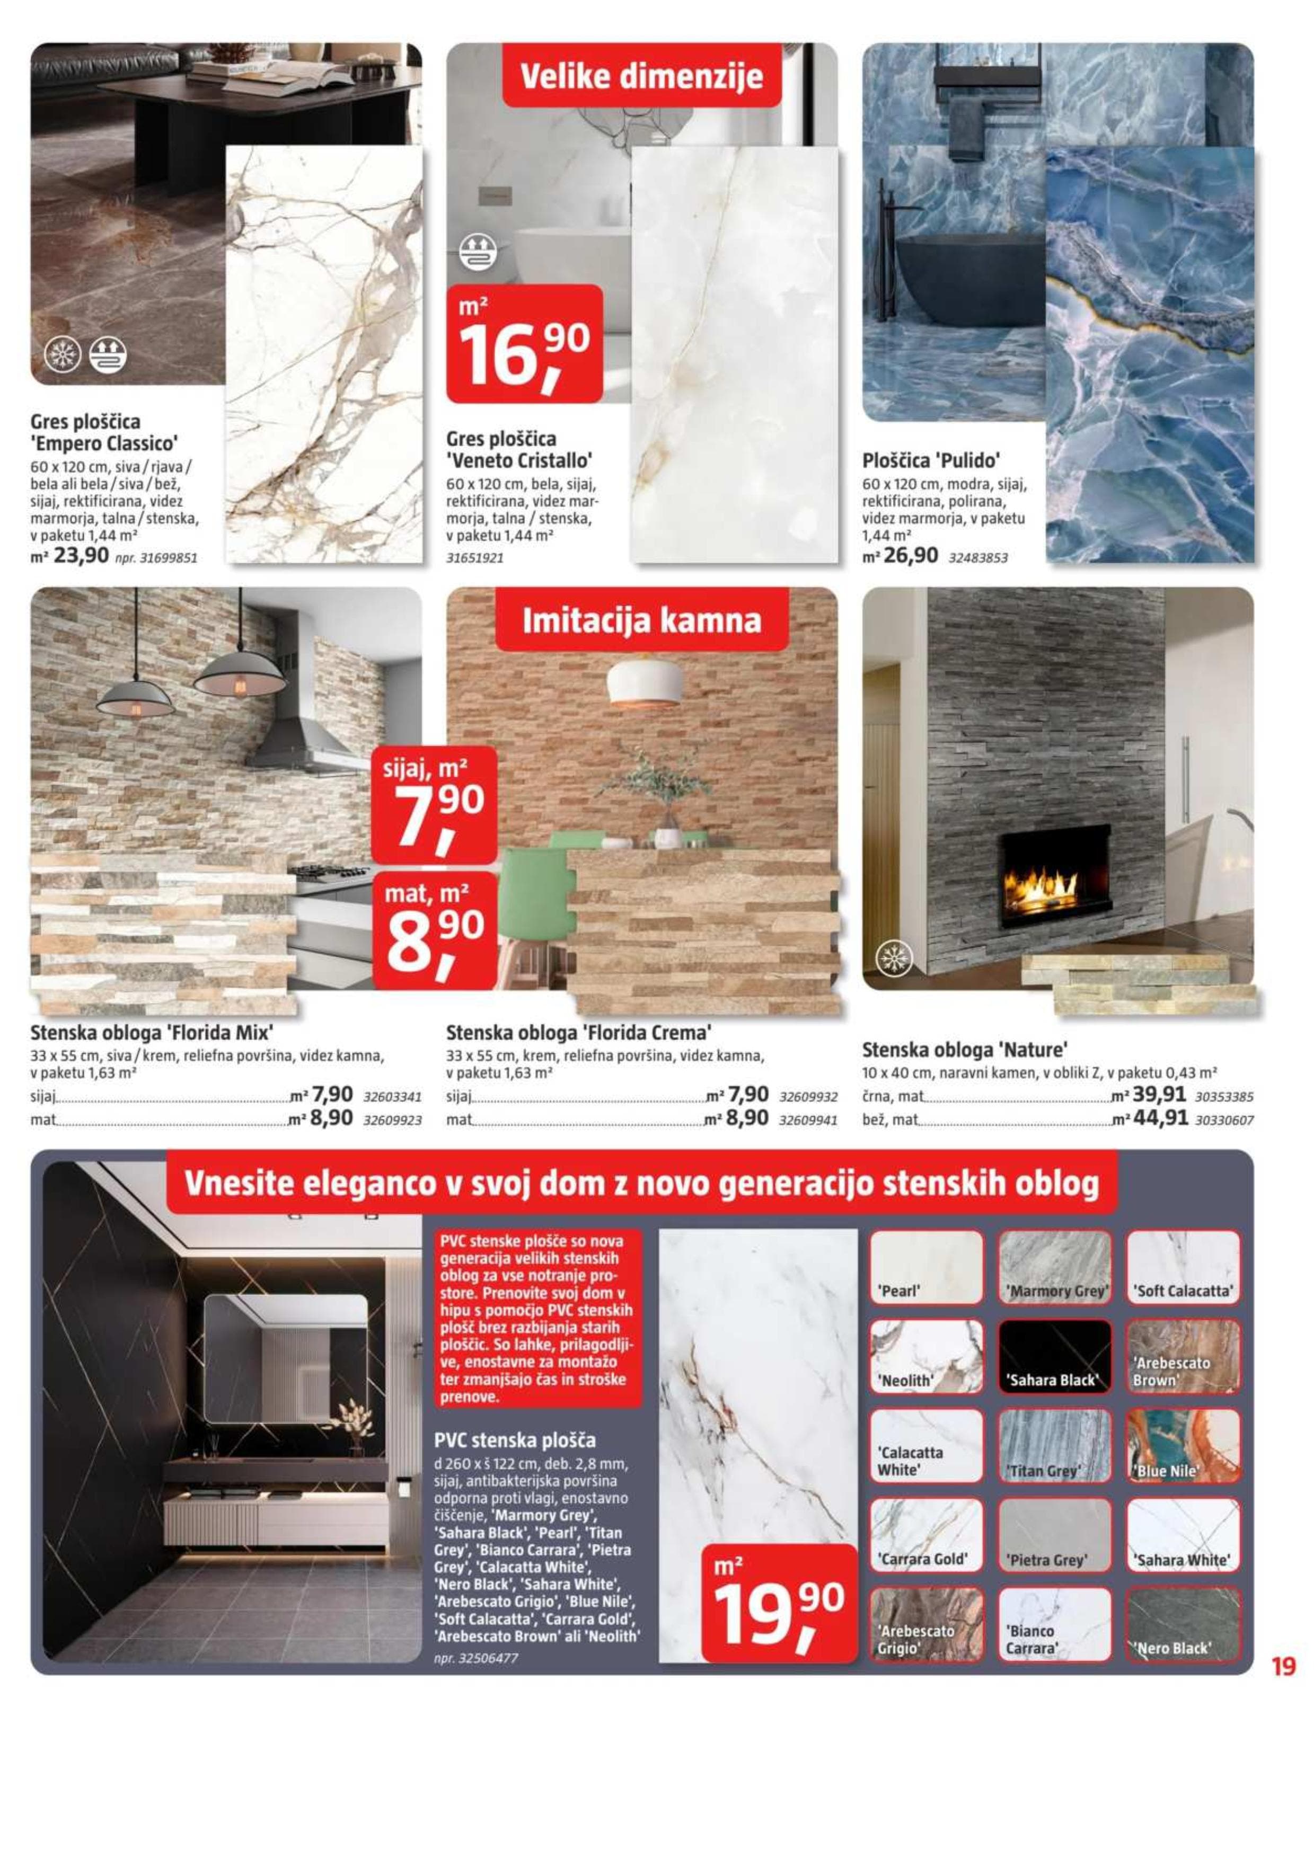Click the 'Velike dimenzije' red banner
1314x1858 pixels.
[641, 77]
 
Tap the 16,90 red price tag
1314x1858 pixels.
[525, 344]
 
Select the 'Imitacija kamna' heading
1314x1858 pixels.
[641, 621]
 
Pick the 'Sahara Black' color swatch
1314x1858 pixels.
[1055, 1356]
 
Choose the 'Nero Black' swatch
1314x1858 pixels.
[1183, 1623]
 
